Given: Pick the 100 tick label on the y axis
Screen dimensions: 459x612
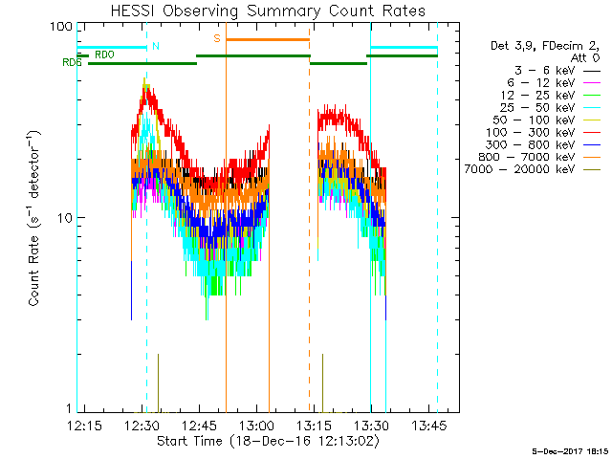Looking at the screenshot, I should point(60,26).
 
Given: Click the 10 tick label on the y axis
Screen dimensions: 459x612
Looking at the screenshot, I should point(63,218).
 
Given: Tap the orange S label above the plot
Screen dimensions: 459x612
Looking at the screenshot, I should point(217,38).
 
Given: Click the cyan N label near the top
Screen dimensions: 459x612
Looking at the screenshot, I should point(156,46).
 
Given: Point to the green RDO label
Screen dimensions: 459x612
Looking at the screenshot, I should point(104,55).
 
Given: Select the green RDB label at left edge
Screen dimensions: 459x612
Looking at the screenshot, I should point(71,62).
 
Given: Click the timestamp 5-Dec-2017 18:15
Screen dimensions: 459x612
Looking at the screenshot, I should point(571,449).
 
